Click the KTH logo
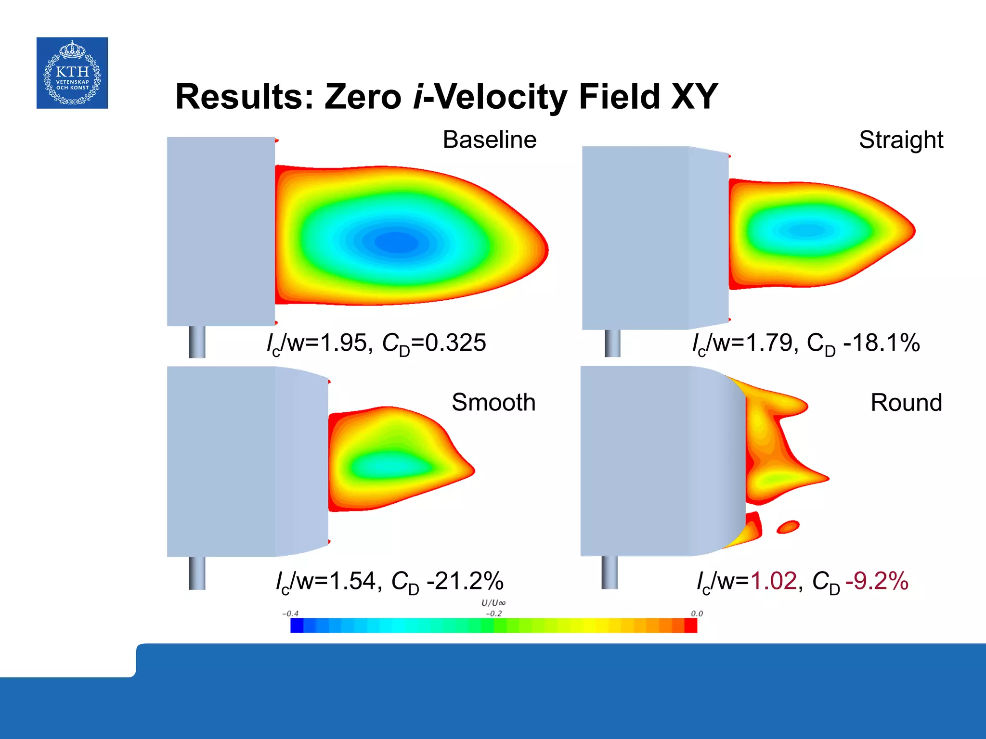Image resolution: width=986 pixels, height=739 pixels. coord(72,73)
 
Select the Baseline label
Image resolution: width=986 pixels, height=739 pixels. coord(489,140)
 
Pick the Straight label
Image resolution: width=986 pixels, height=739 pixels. coord(900,140)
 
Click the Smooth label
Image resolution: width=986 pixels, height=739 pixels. coord(493,402)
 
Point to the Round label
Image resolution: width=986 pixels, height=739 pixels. coord(906,402)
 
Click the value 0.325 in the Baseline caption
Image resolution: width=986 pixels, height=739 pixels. coord(455,343)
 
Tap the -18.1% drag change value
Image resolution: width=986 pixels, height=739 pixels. coord(882,343)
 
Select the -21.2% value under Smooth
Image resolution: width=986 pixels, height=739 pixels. coord(465,581)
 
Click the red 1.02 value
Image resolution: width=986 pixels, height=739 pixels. coord(774,581)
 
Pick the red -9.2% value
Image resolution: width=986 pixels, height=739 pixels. coord(877,581)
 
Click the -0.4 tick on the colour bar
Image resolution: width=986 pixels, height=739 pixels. coord(290,614)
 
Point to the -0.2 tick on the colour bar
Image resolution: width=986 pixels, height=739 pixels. coord(493,614)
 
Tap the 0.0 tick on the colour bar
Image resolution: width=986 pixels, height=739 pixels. coord(697,614)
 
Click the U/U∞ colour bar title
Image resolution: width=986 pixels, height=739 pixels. coord(493,603)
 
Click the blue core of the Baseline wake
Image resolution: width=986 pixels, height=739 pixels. coord(396,242)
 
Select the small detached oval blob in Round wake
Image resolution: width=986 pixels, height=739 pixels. coord(788,527)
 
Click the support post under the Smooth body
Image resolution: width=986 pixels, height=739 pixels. coord(197,573)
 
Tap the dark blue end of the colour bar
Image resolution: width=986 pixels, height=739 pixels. coord(297,625)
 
